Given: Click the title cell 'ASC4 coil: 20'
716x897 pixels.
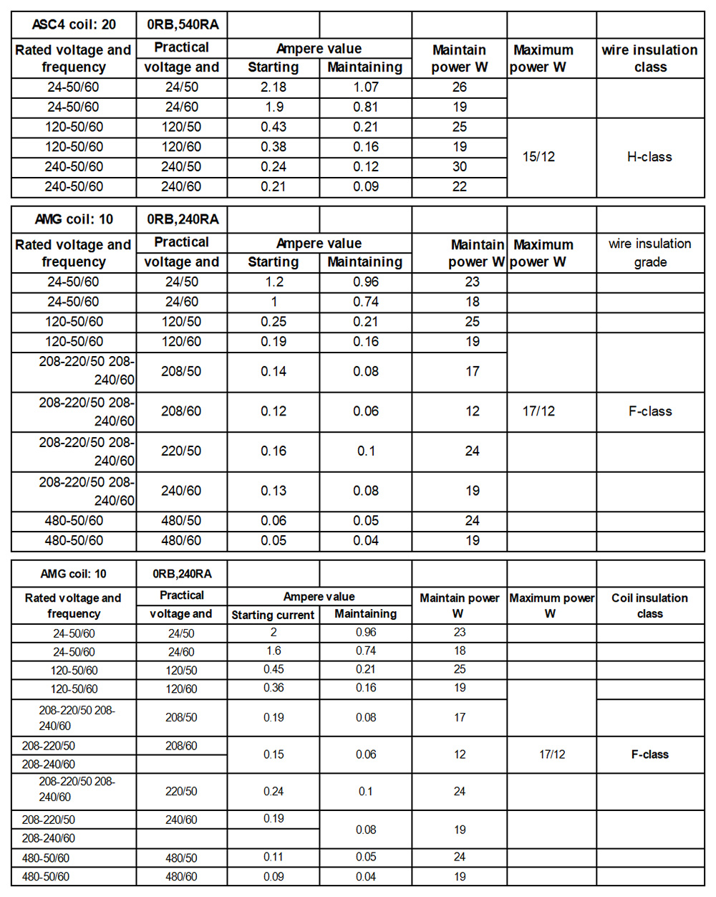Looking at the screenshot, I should pyautogui.click(x=74, y=24).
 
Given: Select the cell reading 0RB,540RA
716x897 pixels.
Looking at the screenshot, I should pyautogui.click(x=183, y=24).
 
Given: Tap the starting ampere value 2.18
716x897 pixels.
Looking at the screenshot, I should pyautogui.click(x=274, y=87).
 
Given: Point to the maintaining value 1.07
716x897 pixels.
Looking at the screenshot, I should pyautogui.click(x=366, y=87).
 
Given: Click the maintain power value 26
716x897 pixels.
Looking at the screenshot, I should pyautogui.click(x=460, y=87).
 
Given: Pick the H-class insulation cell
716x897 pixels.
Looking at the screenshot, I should pyautogui.click(x=649, y=157).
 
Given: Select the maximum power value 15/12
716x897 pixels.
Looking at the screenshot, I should pyautogui.click(x=538, y=157).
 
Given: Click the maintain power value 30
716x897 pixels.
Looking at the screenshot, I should pyautogui.click(x=460, y=166).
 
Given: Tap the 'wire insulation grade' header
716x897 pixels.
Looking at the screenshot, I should pyautogui.click(x=649, y=252).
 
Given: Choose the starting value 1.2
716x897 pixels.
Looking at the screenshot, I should pyautogui.click(x=274, y=282).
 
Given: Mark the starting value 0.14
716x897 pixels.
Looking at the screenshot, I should pyautogui.click(x=274, y=371).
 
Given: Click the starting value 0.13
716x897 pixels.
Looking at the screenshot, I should pyautogui.click(x=274, y=491).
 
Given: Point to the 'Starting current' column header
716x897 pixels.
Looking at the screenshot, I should pyautogui.click(x=273, y=615).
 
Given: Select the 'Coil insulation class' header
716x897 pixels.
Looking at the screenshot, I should pyautogui.click(x=649, y=605).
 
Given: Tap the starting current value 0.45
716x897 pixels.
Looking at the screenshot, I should pyautogui.click(x=274, y=669).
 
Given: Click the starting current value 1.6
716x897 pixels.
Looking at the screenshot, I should pyautogui.click(x=274, y=651).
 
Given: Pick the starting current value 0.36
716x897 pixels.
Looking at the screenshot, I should pyautogui.click(x=274, y=688).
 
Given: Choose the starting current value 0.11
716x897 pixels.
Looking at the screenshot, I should pyautogui.click(x=274, y=857).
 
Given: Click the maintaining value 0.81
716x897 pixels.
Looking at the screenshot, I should pyautogui.click(x=366, y=107).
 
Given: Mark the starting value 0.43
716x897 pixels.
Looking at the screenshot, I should pyautogui.click(x=274, y=127).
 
